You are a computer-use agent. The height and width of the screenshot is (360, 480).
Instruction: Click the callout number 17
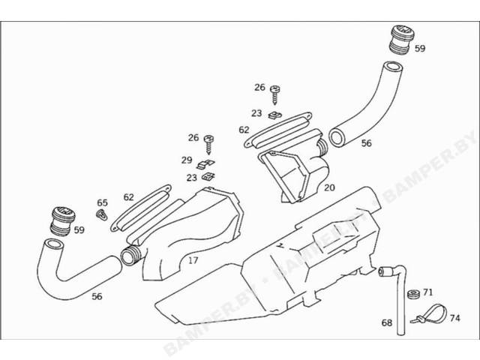pyautogui.click(x=193, y=260)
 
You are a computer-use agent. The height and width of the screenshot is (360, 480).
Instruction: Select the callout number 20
pyautogui.click(x=329, y=187)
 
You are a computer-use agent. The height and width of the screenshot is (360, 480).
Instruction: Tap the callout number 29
pyautogui.click(x=187, y=160)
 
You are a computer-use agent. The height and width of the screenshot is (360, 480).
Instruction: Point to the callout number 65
pyautogui.click(x=103, y=202)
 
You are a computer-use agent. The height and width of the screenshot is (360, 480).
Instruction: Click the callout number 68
pyautogui.click(x=387, y=322)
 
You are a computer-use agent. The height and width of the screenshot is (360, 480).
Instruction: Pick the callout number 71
pyautogui.click(x=428, y=292)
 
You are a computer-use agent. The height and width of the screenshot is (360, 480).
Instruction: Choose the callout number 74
pyautogui.click(x=455, y=318)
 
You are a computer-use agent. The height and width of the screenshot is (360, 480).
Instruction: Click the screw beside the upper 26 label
pyautogui.click(x=275, y=95)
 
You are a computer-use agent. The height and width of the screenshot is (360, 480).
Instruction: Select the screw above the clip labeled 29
pyautogui.click(x=208, y=145)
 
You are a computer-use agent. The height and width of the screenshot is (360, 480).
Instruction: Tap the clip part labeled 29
pyautogui.click(x=205, y=165)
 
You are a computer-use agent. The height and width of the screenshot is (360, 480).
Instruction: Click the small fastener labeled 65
pyautogui.click(x=102, y=214)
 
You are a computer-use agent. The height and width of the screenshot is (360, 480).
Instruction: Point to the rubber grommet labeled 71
pyautogui.click(x=413, y=295)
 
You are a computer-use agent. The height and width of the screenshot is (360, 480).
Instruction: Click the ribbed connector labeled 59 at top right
pyautogui.click(x=401, y=40)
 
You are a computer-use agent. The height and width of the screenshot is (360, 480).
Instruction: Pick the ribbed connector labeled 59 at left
pyautogui.click(x=62, y=222)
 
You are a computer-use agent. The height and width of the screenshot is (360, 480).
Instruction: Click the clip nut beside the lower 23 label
pyautogui.click(x=208, y=177)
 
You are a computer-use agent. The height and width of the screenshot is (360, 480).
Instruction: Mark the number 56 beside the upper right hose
pyautogui.click(x=366, y=143)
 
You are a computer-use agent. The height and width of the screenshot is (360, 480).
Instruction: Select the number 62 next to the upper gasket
pyautogui.click(x=244, y=130)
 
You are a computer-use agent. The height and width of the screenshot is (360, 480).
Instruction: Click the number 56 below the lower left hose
pyautogui.click(x=97, y=296)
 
